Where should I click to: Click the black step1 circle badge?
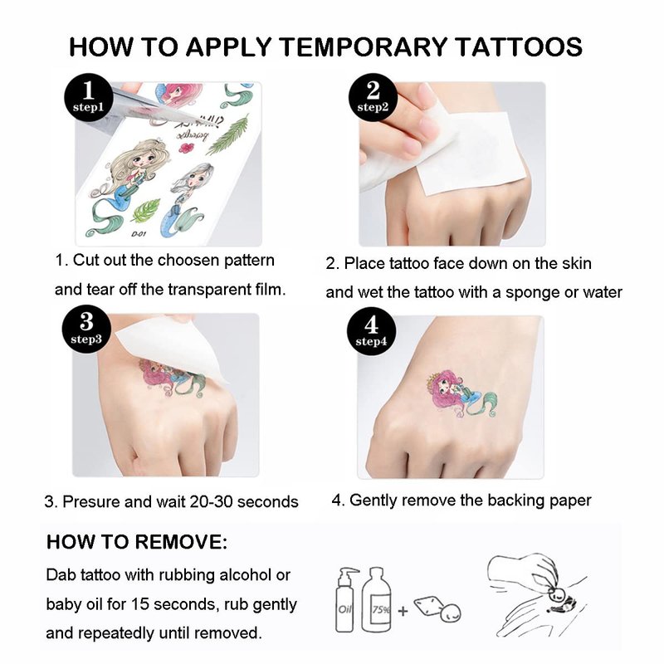point(89,98)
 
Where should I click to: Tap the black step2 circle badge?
point(373,98)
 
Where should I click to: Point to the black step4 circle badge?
point(371,331)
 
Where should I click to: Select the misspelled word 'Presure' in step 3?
point(91,502)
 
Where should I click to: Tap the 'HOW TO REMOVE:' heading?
point(137,542)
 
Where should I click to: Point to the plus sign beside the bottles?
point(403,611)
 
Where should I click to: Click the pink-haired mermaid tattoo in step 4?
point(461,393)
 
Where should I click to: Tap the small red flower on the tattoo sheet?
point(186,148)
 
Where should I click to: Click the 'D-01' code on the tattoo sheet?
point(138,234)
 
